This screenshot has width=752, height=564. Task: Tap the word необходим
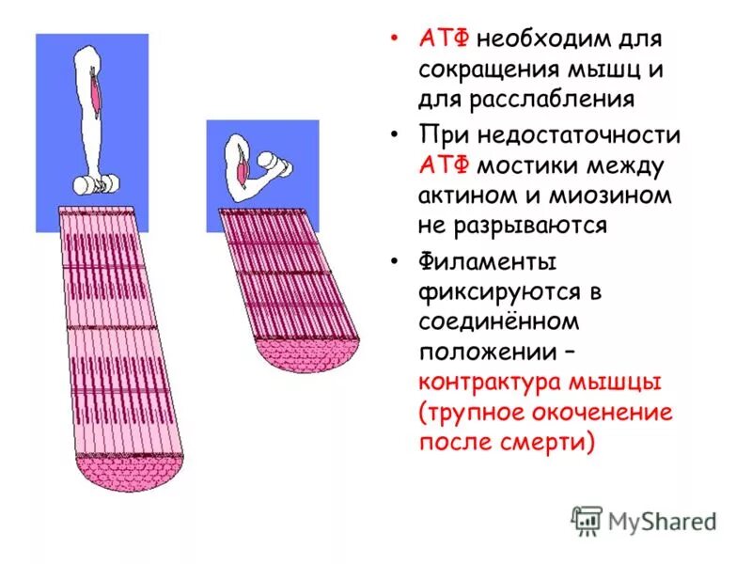tap(542, 40)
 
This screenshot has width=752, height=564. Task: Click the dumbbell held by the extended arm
tap(91, 185)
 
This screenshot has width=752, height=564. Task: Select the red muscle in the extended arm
tap(97, 92)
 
